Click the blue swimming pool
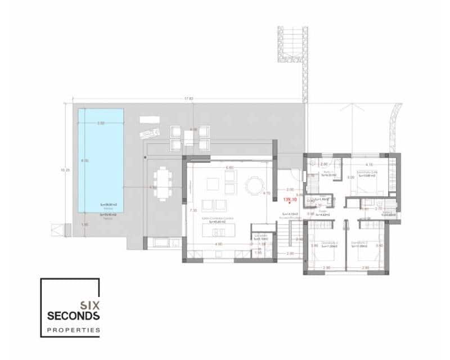[101, 160]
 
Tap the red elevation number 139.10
[290, 200]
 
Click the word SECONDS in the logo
[73, 316]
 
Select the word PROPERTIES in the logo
[73, 330]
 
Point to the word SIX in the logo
[90, 305]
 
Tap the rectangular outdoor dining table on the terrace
[163, 183]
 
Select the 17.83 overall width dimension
[188, 99]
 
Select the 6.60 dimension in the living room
[229, 168]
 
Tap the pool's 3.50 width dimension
[101, 123]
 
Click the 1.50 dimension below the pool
[85, 225]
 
